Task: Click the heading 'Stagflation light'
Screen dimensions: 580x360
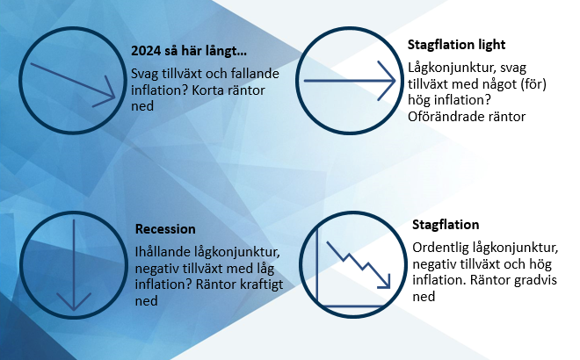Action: (456, 45)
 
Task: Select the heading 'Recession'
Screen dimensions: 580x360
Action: (165, 229)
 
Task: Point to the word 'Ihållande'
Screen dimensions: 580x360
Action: (163, 252)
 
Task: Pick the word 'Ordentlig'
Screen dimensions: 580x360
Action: (439, 248)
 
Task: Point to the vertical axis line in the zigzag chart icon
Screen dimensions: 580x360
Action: (317, 266)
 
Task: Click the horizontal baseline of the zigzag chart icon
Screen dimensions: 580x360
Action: (350, 306)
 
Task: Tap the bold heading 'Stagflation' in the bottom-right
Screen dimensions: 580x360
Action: (446, 225)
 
